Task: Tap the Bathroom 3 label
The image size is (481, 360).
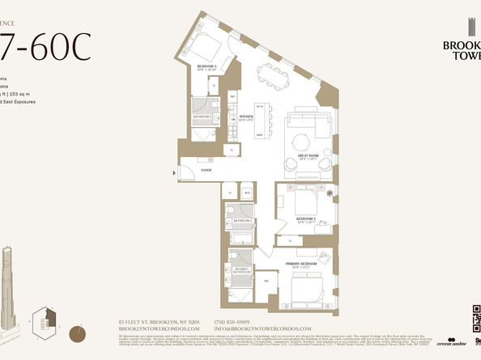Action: coord(202,116)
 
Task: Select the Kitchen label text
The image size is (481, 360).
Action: coord(247,118)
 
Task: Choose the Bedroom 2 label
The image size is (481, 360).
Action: coord(304,218)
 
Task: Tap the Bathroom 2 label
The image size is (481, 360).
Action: coord(241,219)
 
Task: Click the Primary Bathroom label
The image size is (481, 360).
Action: coord(240,271)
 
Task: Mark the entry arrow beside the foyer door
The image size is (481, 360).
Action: coord(177,172)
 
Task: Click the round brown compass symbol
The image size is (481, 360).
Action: coord(79,332)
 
